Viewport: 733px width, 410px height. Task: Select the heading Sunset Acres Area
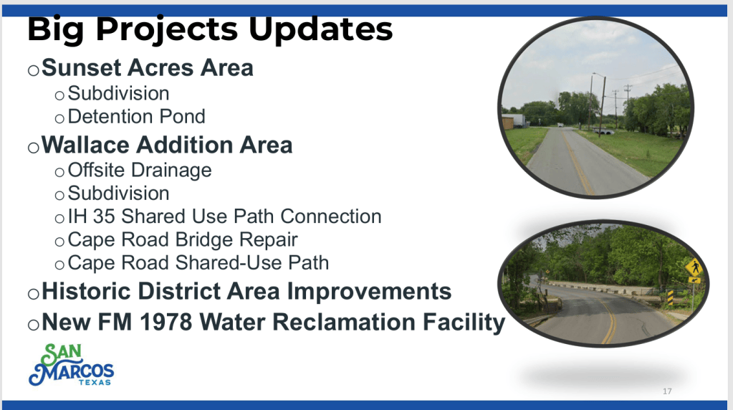(148, 68)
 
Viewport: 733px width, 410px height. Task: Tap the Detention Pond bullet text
(137, 116)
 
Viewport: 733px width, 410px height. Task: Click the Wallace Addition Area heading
(167, 145)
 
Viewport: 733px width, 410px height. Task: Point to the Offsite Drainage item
(139, 171)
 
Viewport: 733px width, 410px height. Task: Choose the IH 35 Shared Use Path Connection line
(224, 216)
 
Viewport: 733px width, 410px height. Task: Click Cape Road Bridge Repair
(182, 240)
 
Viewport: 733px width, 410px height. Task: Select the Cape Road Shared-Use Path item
(198, 263)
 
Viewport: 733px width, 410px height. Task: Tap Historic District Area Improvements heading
(246, 291)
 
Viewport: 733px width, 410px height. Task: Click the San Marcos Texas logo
(71, 365)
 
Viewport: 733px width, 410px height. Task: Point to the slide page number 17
(667, 391)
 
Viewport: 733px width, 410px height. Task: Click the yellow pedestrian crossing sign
(694, 268)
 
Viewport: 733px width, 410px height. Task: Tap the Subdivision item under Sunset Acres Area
(118, 93)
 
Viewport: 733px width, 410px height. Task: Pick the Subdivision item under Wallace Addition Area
(118, 194)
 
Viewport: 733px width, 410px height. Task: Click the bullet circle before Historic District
(33, 294)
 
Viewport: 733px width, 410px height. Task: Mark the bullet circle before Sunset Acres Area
(33, 70)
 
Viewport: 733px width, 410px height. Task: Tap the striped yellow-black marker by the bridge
(670, 298)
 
